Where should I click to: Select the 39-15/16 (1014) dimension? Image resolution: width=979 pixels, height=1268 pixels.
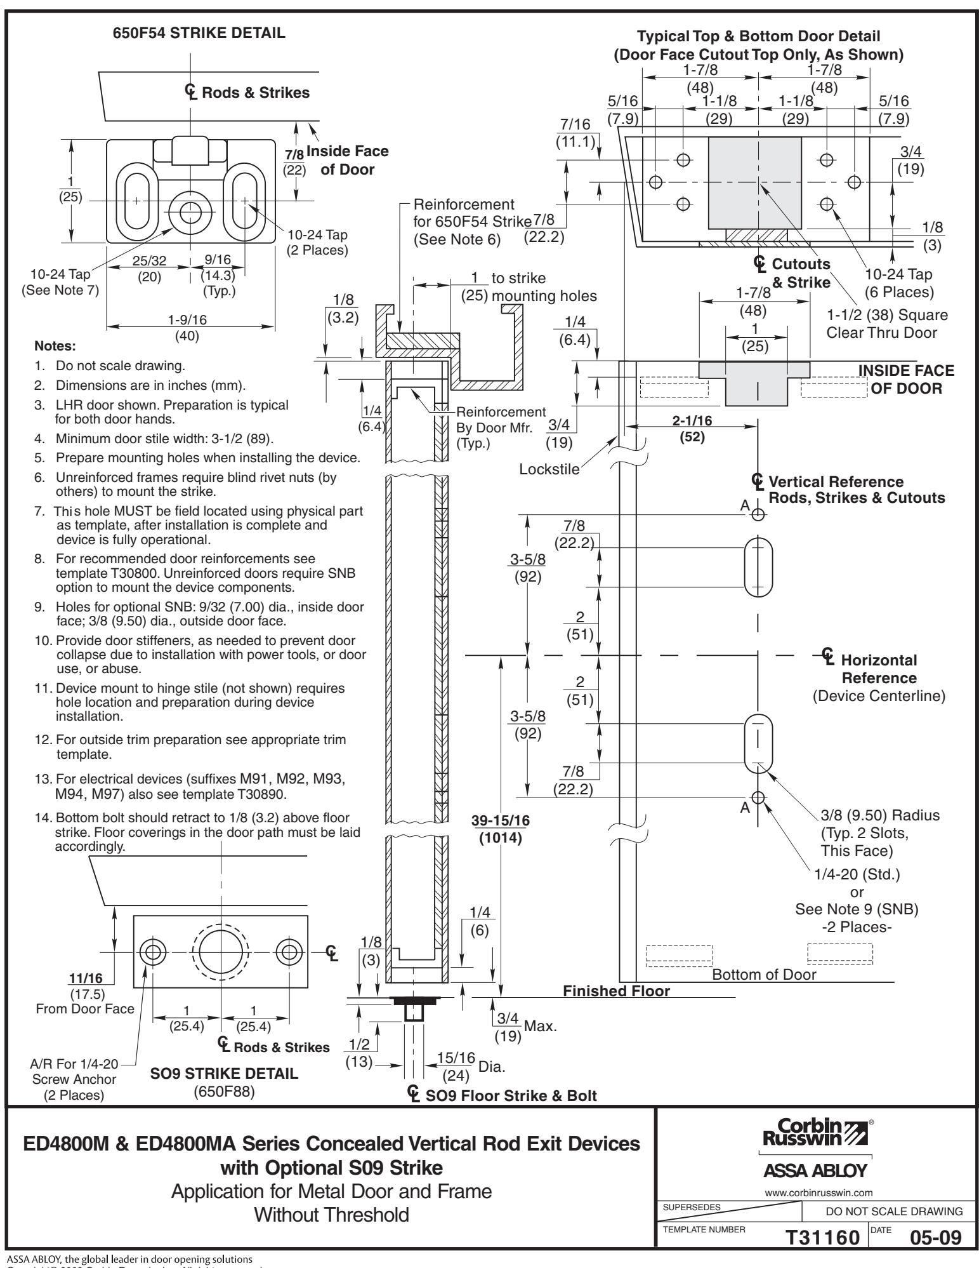coord(501,829)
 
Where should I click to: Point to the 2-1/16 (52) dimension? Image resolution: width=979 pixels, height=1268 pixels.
coord(692,429)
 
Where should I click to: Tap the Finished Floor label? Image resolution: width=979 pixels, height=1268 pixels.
coord(616,991)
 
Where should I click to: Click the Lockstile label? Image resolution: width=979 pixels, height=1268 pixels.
coord(549,469)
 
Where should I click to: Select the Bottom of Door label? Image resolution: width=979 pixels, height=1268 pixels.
coord(764,975)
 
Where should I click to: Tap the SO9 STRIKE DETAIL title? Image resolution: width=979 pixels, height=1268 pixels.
coord(233,1074)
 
